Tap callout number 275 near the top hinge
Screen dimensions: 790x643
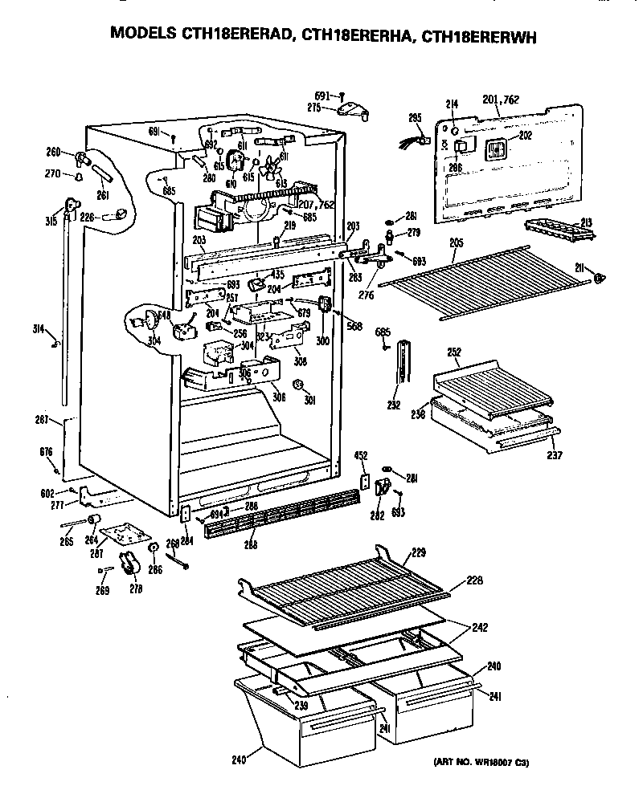(314, 106)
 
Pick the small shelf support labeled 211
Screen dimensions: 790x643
(599, 277)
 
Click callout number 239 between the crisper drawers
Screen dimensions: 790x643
(301, 706)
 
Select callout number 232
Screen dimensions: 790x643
(394, 405)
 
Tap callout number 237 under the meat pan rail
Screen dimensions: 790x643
(554, 455)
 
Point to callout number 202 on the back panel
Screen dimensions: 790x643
(525, 136)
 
